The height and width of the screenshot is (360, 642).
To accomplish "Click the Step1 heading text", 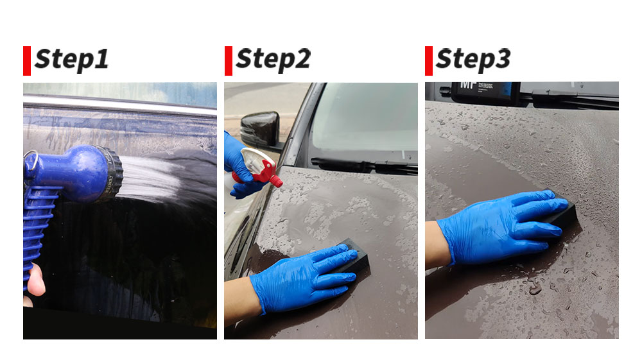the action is (72, 60).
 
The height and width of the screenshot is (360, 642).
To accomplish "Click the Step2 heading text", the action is (273, 60).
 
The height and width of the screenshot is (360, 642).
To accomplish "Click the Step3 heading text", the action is (473, 60).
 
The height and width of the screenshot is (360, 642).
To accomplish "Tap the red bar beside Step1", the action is (27, 61).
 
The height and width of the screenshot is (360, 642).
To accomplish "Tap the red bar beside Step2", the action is (229, 61).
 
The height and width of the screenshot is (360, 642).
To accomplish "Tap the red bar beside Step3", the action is (429, 61).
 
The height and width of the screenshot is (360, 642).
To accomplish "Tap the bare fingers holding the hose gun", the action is (36, 282).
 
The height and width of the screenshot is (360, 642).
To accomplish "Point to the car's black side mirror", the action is (261, 129).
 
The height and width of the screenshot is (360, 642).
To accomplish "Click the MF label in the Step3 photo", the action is (467, 85).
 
